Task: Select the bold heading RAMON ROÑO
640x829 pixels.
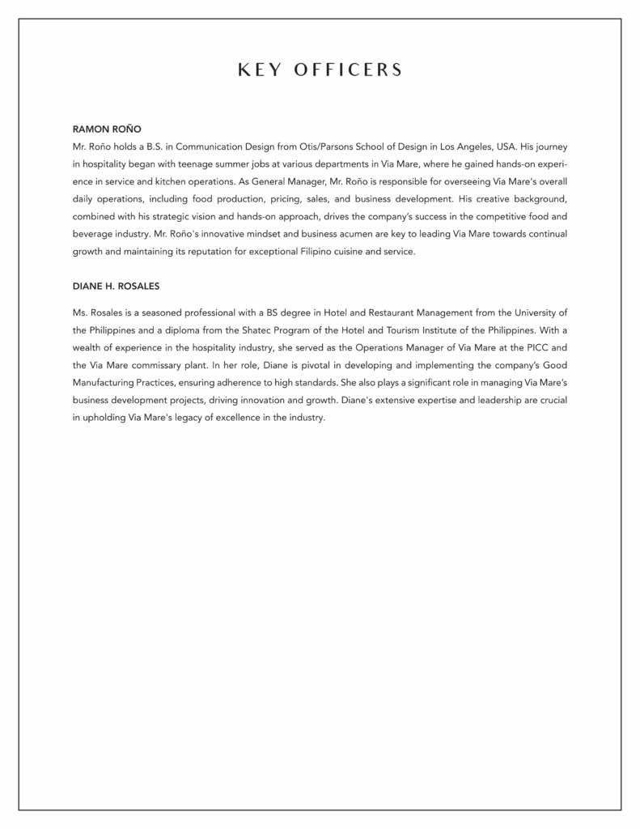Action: click(x=108, y=129)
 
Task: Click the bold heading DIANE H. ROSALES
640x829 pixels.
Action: click(x=121, y=286)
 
